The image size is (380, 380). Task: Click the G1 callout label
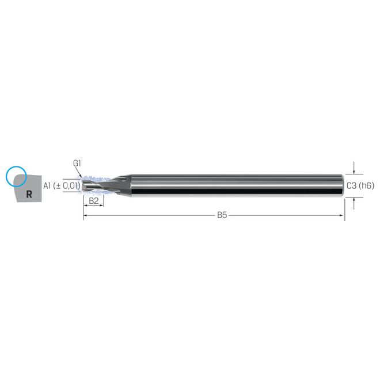click(77, 164)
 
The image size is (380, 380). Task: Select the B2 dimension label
click(94, 200)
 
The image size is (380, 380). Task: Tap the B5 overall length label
click(222, 216)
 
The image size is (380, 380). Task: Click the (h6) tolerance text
click(366, 185)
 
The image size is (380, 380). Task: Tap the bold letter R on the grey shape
click(29, 194)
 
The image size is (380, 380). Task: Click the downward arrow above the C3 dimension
click(354, 171)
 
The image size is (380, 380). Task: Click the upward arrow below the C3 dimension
click(354, 200)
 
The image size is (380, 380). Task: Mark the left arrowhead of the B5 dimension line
click(87, 216)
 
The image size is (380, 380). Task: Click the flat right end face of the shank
click(342, 185)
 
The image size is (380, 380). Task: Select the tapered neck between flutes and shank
click(117, 185)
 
